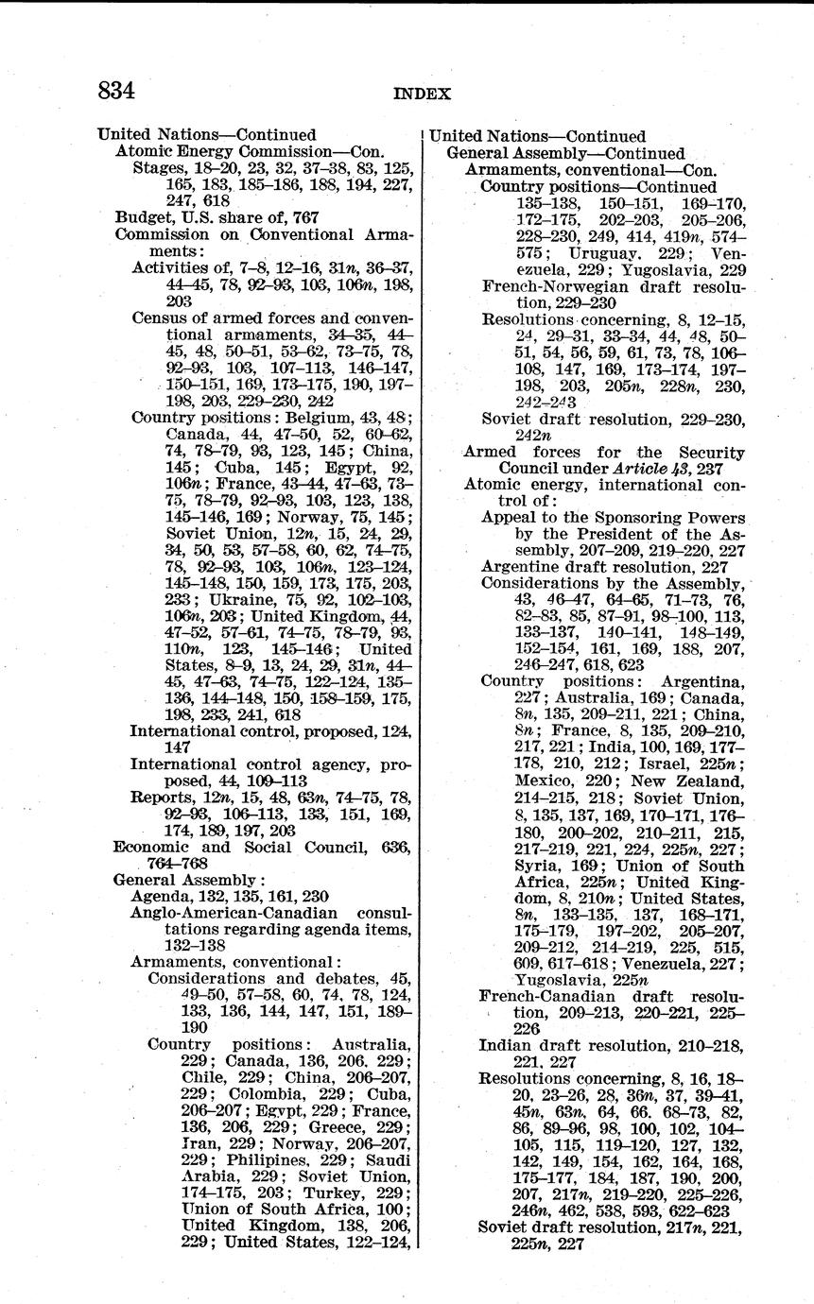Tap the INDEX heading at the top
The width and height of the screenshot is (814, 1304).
tap(422, 94)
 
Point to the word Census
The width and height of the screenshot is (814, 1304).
tap(159, 317)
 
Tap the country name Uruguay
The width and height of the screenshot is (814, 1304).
tap(611, 253)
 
